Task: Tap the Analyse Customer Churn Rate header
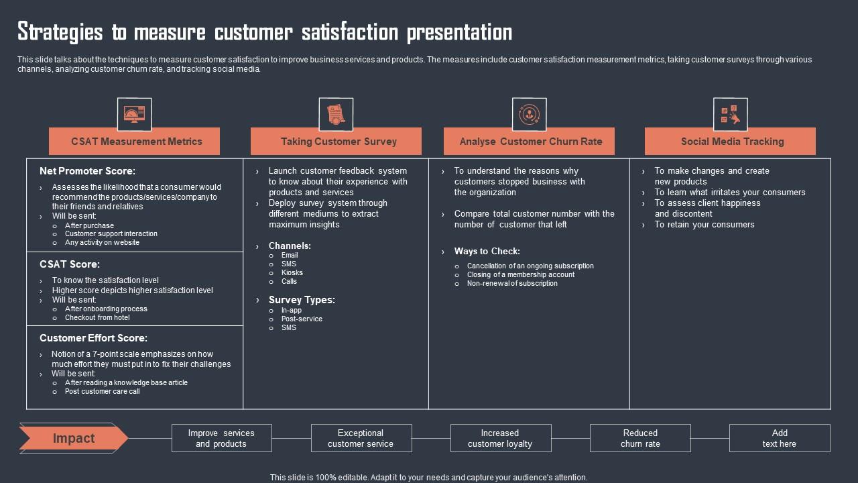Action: pos(530,142)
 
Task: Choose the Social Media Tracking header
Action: pos(732,142)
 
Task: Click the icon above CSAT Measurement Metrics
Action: pos(134,114)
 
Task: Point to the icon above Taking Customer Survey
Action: pos(336,114)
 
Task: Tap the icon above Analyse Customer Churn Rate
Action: pos(529,114)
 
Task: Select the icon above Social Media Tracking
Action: pos(730,114)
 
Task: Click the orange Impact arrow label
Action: pos(74,439)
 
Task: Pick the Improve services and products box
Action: pos(221,438)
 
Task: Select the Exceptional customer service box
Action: pos(361,438)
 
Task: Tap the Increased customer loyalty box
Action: pos(500,438)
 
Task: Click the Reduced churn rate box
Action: pos(640,438)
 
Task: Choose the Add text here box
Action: pos(780,438)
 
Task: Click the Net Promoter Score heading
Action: pos(87,171)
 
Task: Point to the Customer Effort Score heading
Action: pos(93,338)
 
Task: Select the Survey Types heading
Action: pos(302,300)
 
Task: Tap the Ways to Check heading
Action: pos(487,252)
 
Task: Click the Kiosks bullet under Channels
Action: pos(292,272)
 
